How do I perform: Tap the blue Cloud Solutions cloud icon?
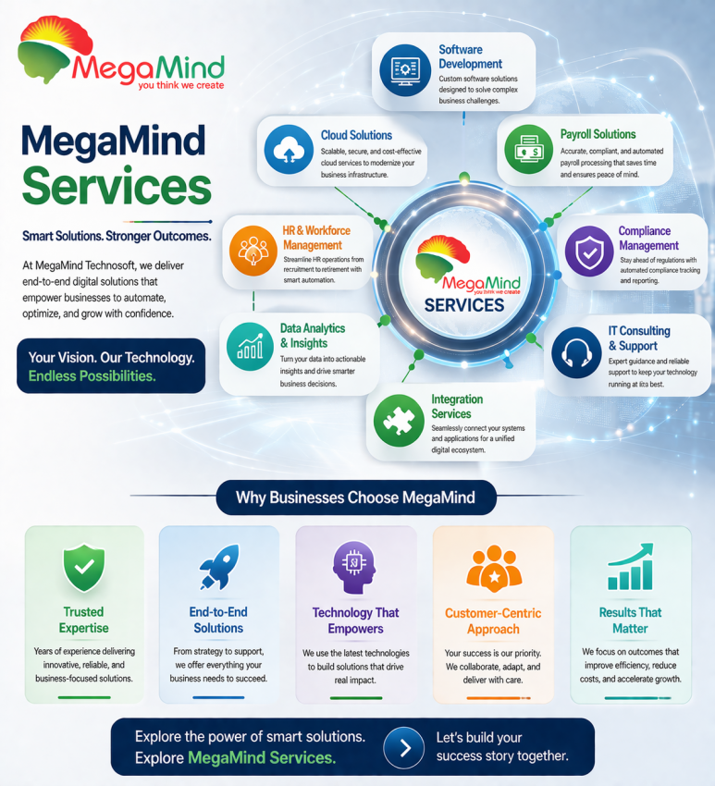tap(287, 149)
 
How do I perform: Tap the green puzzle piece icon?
tap(399, 422)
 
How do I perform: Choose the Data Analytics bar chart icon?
tap(248, 344)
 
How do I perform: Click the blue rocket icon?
tap(218, 567)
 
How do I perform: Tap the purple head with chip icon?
tap(354, 567)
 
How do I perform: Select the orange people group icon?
tap(493, 568)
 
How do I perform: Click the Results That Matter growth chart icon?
tap(630, 567)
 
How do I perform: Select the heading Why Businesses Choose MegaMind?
tap(355, 497)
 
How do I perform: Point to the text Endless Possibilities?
tap(92, 376)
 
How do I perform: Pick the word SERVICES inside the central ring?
tap(463, 305)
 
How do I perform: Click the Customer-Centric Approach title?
tap(493, 620)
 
